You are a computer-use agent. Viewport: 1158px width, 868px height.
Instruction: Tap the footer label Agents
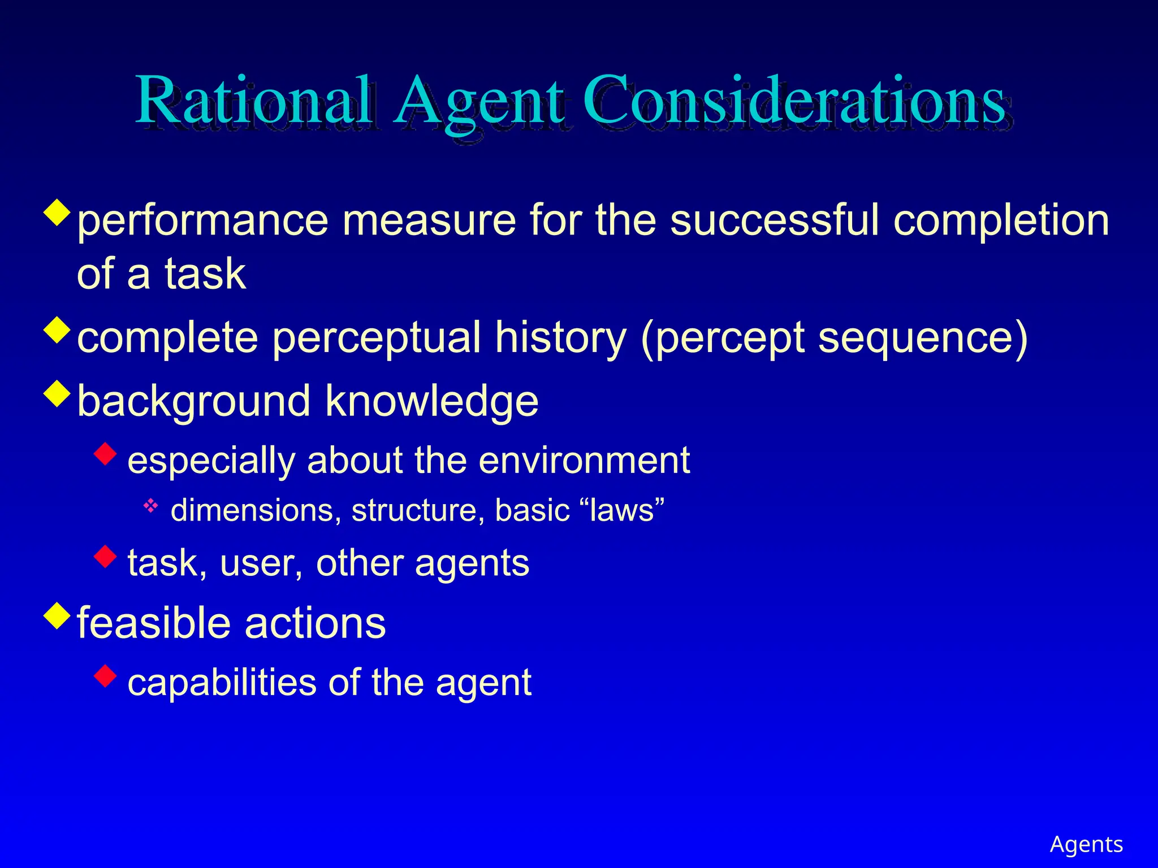1086,844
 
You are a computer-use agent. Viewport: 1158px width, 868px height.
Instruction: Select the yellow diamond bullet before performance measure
57,212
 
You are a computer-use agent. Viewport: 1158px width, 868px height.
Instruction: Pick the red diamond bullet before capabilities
106,675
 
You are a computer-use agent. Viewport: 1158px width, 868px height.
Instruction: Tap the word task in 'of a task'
205,274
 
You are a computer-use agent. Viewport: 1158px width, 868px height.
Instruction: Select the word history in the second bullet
560,338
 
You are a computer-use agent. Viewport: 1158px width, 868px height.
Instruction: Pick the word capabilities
221,683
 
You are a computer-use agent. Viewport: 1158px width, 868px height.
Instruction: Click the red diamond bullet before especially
106,453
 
